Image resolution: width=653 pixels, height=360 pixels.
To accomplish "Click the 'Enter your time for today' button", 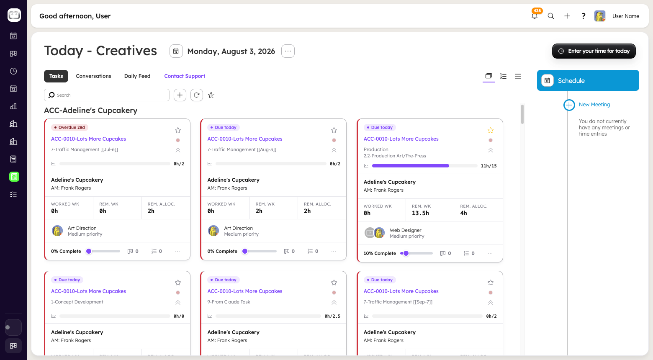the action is tap(594, 51).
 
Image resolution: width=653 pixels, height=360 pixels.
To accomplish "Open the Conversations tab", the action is tap(93, 76).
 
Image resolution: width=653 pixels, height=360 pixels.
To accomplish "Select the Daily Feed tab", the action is tap(137, 76).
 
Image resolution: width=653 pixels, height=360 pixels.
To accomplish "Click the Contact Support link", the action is tap(185, 76).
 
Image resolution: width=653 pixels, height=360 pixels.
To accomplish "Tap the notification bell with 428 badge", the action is tap(535, 16).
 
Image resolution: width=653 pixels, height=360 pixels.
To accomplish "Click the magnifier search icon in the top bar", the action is tap(551, 16).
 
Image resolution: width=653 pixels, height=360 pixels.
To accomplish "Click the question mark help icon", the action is tap(583, 16).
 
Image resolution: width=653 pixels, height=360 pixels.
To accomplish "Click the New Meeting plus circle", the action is tap(569, 105).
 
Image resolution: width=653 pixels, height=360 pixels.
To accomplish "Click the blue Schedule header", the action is tap(588, 80).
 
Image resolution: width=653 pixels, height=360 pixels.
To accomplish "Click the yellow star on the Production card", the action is tap(490, 130).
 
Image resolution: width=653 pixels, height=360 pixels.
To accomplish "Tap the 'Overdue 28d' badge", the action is tap(69, 127).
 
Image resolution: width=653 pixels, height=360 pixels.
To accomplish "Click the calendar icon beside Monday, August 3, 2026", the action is tap(176, 51).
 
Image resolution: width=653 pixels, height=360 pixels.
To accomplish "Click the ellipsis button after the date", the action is tap(288, 51).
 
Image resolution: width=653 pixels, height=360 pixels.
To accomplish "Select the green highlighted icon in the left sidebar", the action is tap(14, 177).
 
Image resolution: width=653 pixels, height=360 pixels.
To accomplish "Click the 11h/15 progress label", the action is tap(488, 166).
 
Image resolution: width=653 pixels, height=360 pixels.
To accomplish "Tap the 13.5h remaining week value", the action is tap(420, 213).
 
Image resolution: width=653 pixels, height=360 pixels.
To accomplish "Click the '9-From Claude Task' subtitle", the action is tap(229, 302).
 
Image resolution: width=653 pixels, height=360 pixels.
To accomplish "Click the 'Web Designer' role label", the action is tap(406, 230).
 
